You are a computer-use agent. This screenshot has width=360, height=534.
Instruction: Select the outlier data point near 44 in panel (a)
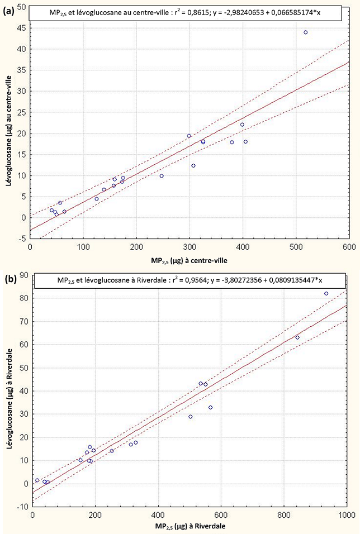click(x=306, y=32)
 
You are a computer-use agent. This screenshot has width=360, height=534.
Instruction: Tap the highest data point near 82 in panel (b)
click(x=326, y=294)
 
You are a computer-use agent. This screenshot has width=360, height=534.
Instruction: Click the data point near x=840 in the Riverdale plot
click(x=297, y=337)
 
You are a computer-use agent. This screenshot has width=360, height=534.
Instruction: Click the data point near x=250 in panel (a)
click(x=162, y=176)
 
